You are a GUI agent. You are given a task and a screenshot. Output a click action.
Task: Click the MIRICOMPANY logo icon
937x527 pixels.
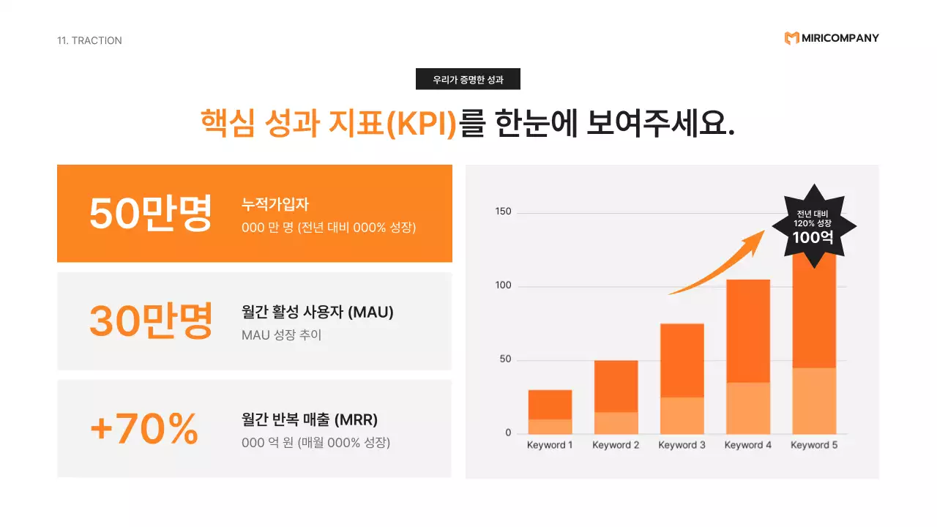(791, 38)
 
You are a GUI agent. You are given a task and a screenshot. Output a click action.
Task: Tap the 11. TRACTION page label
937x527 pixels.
(89, 40)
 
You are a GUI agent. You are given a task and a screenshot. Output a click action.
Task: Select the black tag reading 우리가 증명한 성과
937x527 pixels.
(468, 79)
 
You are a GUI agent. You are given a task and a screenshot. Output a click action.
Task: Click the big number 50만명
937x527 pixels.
(150, 213)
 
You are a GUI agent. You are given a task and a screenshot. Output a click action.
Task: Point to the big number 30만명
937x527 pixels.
(150, 321)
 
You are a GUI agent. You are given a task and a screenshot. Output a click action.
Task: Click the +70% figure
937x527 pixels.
(144, 428)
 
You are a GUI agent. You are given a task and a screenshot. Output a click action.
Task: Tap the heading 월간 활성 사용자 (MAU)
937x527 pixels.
(318, 313)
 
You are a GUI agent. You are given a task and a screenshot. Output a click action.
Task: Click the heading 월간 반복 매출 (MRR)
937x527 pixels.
(310, 420)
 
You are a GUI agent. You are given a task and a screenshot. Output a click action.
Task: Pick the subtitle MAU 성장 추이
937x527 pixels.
(282, 335)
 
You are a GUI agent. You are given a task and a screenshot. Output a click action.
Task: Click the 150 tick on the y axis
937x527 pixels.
(503, 212)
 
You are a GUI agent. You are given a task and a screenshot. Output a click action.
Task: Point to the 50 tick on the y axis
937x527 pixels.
(505, 360)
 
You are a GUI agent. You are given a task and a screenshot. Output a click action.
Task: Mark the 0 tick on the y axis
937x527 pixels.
(508, 433)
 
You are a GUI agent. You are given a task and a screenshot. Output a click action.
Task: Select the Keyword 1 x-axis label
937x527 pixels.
(550, 445)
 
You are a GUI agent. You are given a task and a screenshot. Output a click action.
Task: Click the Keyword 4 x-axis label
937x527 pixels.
(748, 445)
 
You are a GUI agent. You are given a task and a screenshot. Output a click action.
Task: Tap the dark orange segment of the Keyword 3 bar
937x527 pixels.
(682, 360)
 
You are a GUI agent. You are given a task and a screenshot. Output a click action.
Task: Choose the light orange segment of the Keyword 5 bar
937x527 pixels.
(814, 400)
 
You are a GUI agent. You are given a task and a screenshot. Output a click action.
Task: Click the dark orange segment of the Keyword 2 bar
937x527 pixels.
(616, 386)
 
